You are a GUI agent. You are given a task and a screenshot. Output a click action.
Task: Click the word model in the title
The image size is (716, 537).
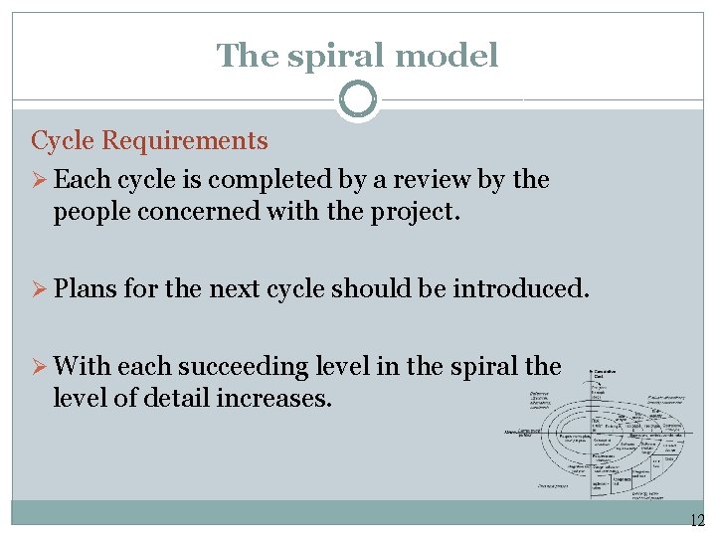[446, 56]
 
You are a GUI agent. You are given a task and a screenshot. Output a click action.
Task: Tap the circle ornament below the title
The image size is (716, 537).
[358, 99]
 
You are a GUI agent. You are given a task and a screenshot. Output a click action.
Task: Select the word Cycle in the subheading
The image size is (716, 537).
[63, 141]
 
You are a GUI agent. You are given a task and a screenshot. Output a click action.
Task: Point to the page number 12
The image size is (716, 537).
[695, 520]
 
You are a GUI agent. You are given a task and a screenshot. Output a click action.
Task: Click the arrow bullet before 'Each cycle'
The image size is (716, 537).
[41, 180]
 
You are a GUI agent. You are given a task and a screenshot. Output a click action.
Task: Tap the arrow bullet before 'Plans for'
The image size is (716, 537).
[41, 289]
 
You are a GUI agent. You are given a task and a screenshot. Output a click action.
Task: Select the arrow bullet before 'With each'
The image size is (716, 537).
[41, 367]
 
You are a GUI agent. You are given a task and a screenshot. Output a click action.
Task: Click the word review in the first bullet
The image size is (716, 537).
[424, 180]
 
